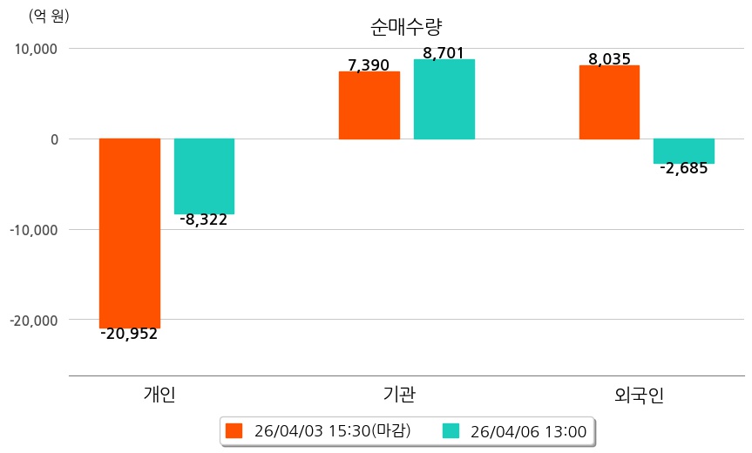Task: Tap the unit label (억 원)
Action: click(49, 16)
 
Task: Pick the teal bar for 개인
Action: click(204, 176)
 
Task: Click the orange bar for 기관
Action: click(369, 105)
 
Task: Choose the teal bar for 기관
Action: click(444, 99)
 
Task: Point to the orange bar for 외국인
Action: click(609, 102)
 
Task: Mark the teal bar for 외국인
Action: click(684, 151)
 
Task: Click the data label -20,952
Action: click(129, 334)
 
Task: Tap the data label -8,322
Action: click(204, 220)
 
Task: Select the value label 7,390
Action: click(369, 65)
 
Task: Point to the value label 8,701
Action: click(444, 53)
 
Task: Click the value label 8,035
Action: click(609, 59)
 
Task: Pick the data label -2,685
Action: click(684, 169)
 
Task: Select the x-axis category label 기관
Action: click(399, 394)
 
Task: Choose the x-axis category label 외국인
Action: click(639, 395)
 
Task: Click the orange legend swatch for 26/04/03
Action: click(234, 430)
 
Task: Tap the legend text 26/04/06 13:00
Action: click(528, 430)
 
